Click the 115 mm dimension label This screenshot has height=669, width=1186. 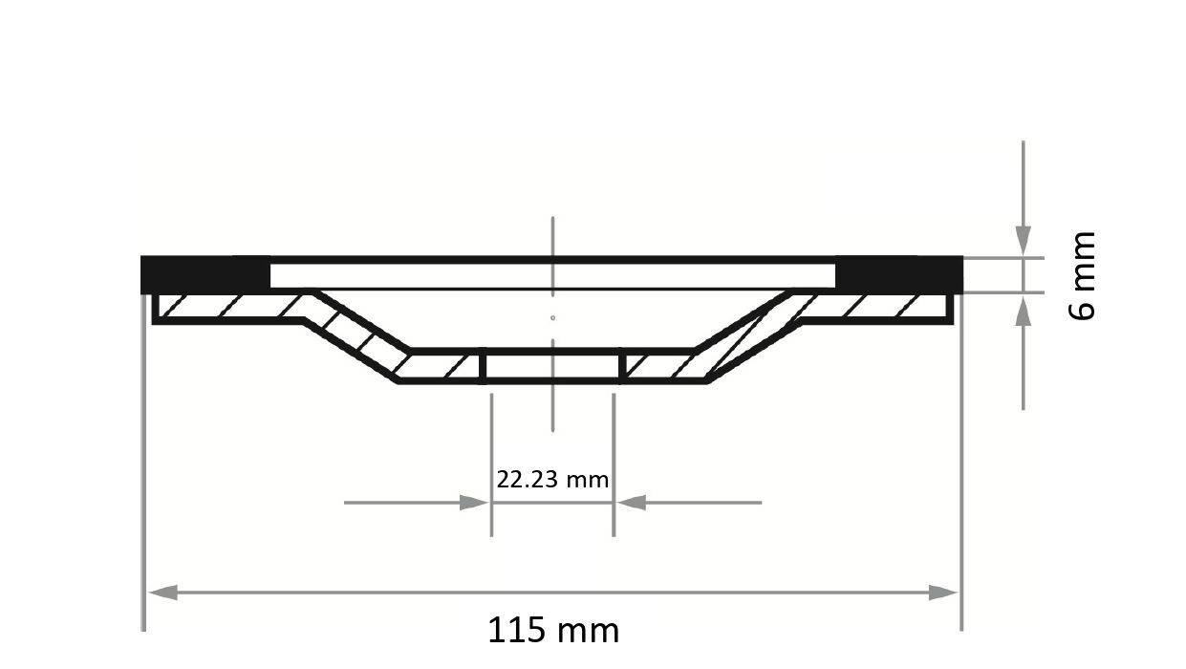553,631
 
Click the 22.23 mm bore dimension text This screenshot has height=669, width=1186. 552,479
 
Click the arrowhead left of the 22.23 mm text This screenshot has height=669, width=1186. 475,503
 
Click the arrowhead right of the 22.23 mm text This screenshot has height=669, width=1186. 631,502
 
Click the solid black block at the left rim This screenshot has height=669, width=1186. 205,275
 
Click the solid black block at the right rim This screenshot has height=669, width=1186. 898,275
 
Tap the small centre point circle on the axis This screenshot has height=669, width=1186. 553,317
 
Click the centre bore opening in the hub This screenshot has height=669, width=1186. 552,366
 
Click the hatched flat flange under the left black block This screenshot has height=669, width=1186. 229,307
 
